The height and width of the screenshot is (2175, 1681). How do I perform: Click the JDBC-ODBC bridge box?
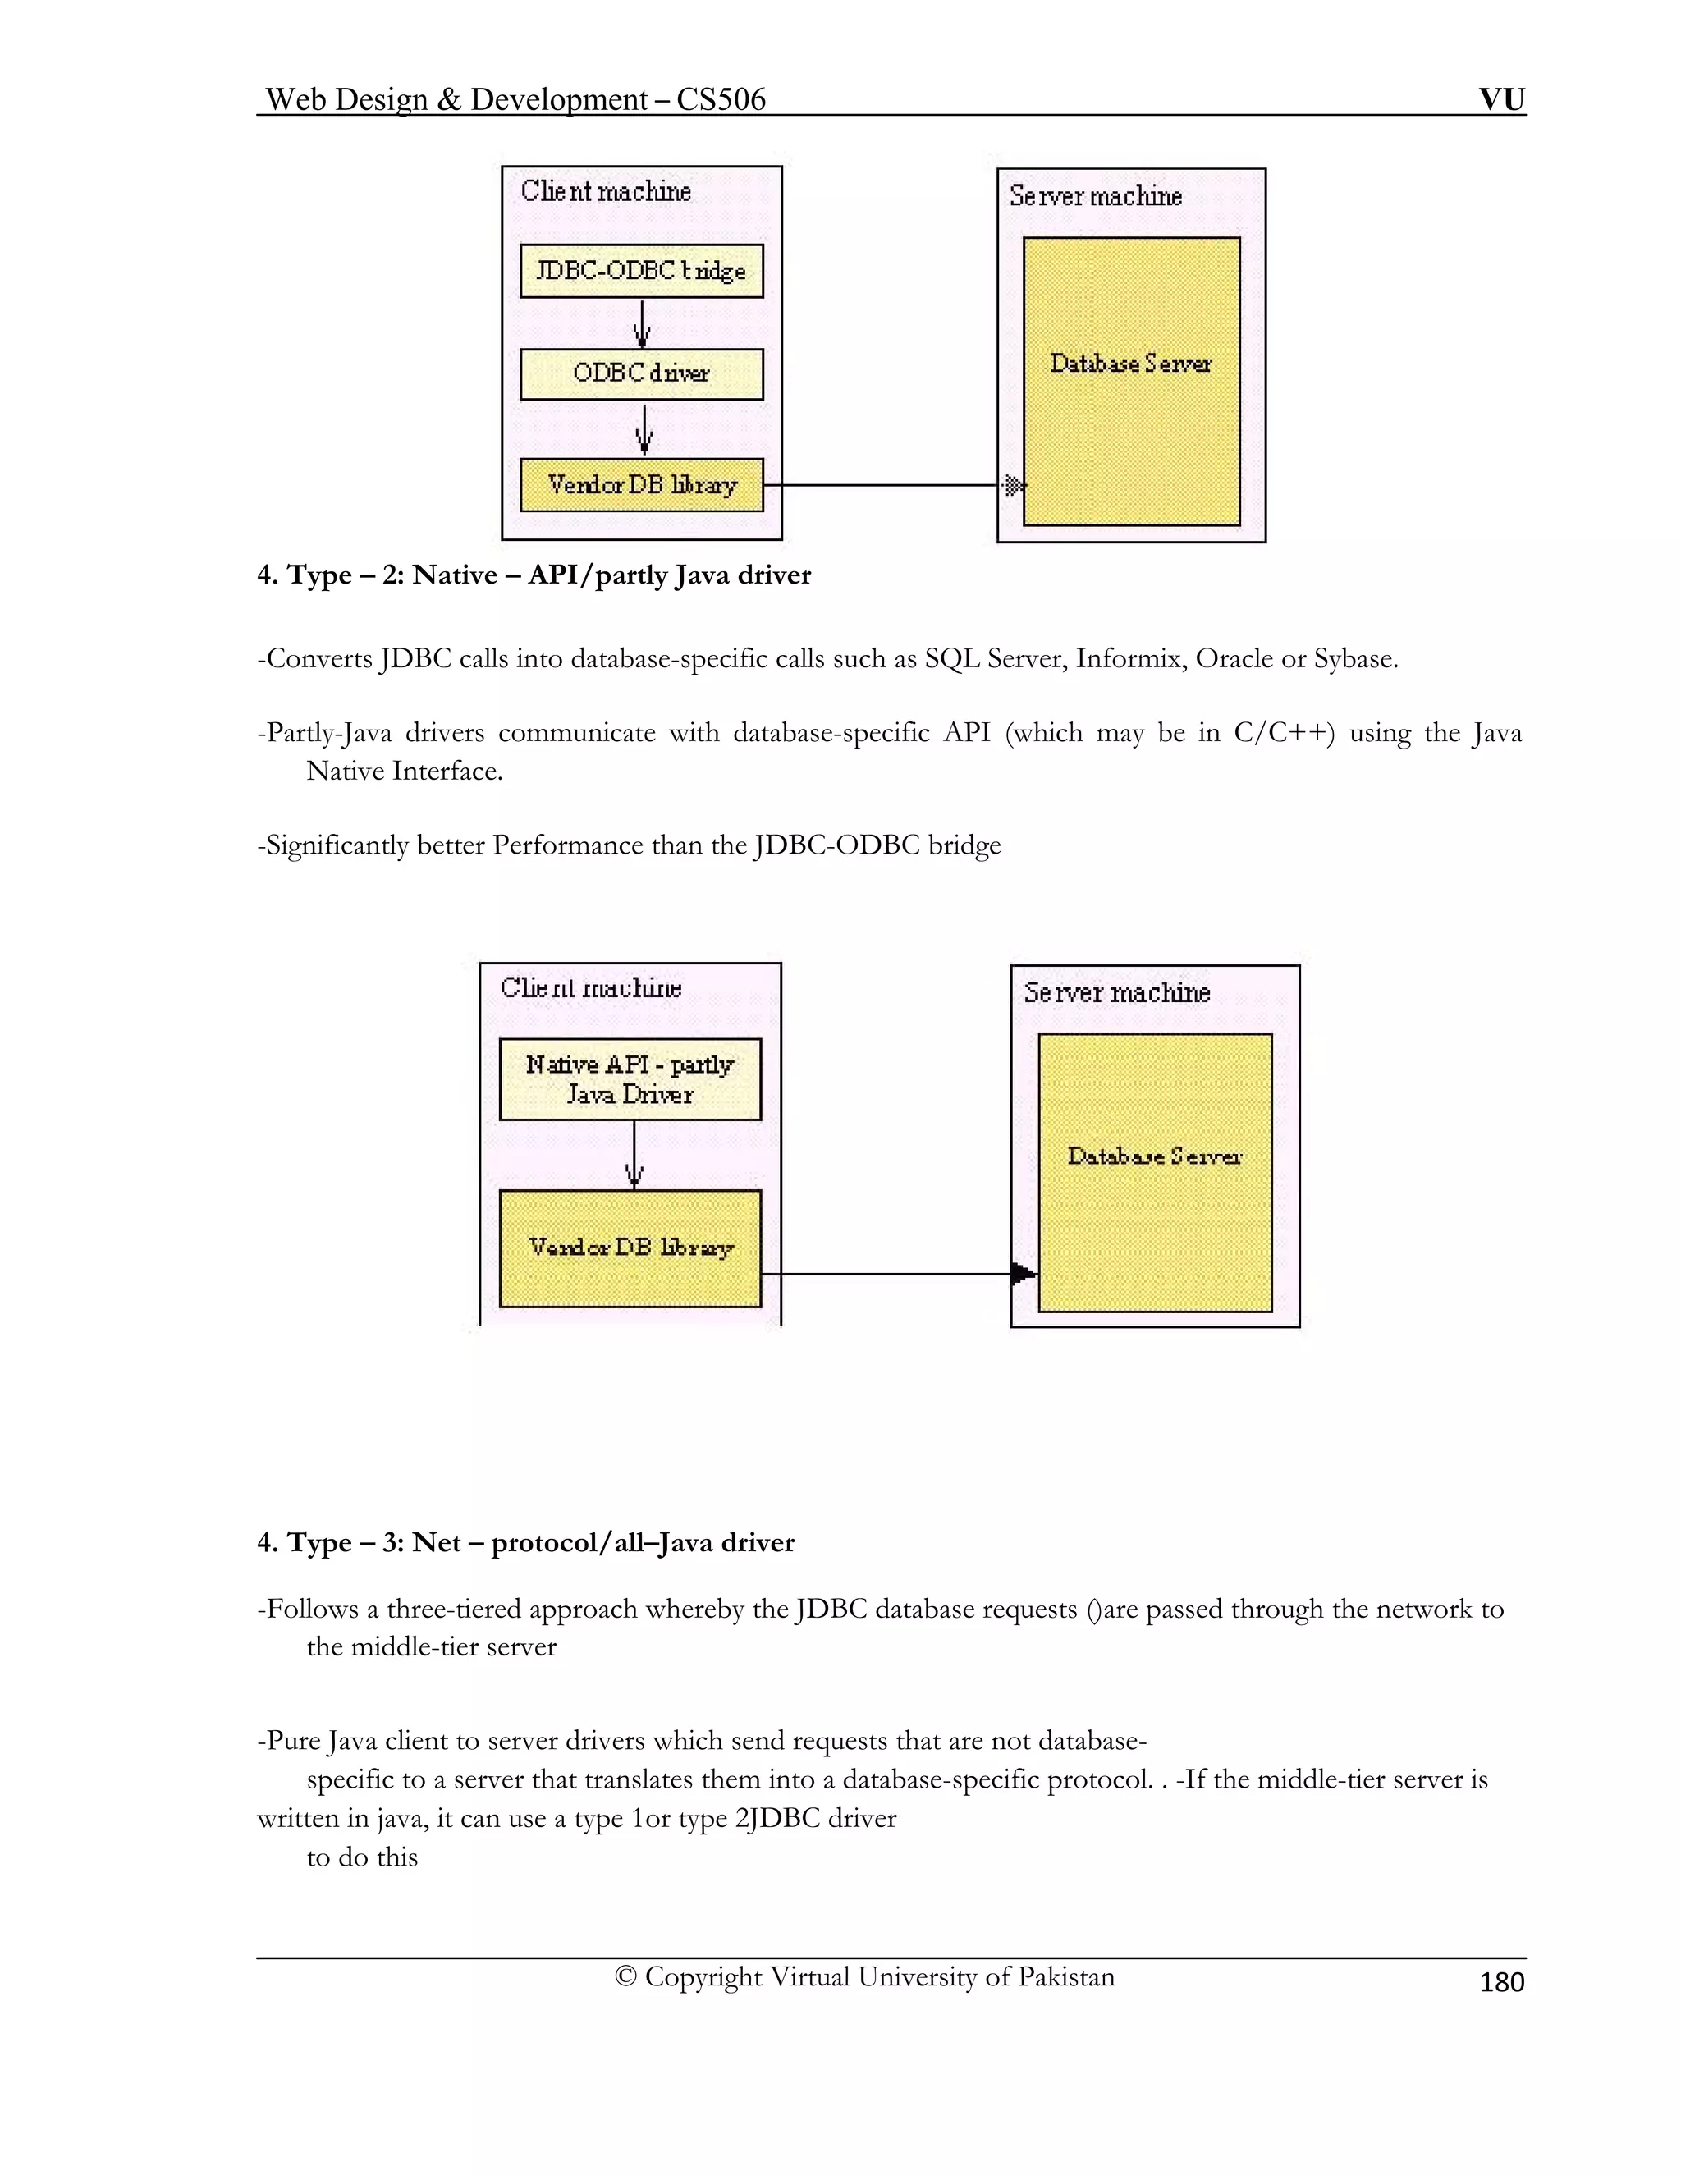[x=641, y=271]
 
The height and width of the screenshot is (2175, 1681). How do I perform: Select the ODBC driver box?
[x=641, y=373]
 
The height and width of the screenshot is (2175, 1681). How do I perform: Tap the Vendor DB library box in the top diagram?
[x=641, y=485]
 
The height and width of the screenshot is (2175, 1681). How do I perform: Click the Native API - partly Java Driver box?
[x=630, y=1079]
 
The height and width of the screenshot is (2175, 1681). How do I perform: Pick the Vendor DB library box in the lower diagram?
[x=630, y=1248]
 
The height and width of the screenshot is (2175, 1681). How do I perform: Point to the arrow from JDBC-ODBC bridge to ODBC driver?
[x=643, y=323]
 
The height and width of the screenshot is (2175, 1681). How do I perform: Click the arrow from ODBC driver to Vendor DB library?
[x=644, y=429]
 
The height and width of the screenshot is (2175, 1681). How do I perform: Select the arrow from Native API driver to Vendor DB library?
[x=634, y=1156]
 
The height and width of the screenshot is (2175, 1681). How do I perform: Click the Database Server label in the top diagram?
[x=1130, y=364]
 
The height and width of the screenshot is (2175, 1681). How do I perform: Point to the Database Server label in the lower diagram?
[x=1154, y=1156]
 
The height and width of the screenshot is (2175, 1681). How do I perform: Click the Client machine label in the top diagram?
[x=606, y=191]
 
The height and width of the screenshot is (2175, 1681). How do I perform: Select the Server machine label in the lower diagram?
[x=1116, y=993]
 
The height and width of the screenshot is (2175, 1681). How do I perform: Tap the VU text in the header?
[x=1502, y=98]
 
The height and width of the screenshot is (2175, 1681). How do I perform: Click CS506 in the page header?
[x=720, y=98]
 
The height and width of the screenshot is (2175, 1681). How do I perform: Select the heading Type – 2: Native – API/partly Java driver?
[x=534, y=575]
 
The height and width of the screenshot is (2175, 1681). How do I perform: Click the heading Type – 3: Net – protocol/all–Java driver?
[x=526, y=1543]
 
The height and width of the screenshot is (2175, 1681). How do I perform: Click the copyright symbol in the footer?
[x=625, y=1977]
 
